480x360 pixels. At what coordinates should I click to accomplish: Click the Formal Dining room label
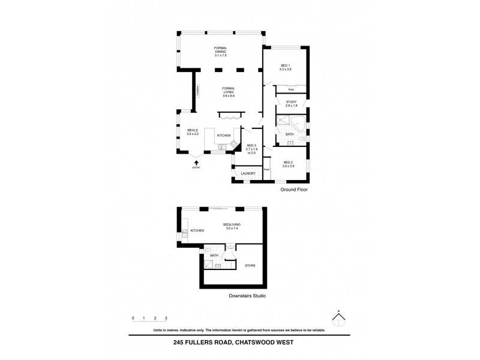click(x=221, y=52)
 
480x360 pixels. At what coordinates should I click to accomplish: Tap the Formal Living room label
click(x=228, y=92)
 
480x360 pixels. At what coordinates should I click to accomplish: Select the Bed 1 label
click(x=286, y=67)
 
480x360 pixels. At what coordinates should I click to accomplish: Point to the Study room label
click(x=292, y=104)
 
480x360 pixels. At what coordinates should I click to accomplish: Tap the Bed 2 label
click(x=288, y=164)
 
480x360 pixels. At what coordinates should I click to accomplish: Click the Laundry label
click(x=248, y=174)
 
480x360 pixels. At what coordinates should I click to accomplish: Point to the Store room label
click(x=250, y=265)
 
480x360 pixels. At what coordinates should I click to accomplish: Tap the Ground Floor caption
click(x=294, y=189)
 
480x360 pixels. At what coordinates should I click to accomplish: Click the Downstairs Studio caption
click(x=247, y=296)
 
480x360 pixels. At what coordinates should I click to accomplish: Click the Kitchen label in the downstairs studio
click(x=197, y=230)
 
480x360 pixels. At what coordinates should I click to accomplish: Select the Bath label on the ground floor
click(x=289, y=134)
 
